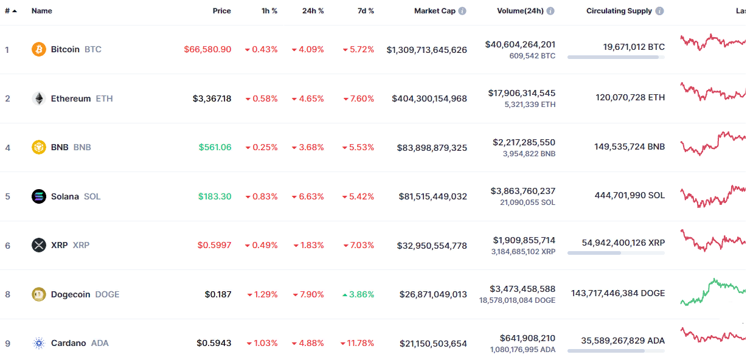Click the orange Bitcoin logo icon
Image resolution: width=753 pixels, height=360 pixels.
(x=39, y=49)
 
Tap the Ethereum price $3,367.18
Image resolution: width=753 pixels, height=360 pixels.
(x=212, y=99)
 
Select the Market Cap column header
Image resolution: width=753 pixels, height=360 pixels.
(x=434, y=11)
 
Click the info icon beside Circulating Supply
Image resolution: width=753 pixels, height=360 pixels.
(x=660, y=11)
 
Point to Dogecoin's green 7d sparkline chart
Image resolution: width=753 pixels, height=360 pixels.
(x=712, y=292)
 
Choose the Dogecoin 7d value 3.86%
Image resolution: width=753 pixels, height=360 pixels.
(x=361, y=294)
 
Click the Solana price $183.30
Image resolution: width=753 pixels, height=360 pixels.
(x=215, y=196)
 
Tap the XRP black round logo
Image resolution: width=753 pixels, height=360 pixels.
(x=39, y=245)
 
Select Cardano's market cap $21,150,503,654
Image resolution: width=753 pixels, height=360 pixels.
(x=433, y=344)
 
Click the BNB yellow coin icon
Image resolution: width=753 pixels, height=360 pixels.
(x=39, y=147)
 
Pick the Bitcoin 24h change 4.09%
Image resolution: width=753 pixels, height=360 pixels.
(x=311, y=49)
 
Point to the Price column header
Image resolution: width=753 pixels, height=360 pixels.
(x=221, y=11)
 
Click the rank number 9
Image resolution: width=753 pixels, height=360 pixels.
(x=7, y=344)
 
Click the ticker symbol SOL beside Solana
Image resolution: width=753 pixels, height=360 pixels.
(x=92, y=196)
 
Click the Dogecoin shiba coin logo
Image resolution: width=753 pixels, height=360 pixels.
(x=39, y=294)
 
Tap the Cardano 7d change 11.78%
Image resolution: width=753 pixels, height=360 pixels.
(x=361, y=344)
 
